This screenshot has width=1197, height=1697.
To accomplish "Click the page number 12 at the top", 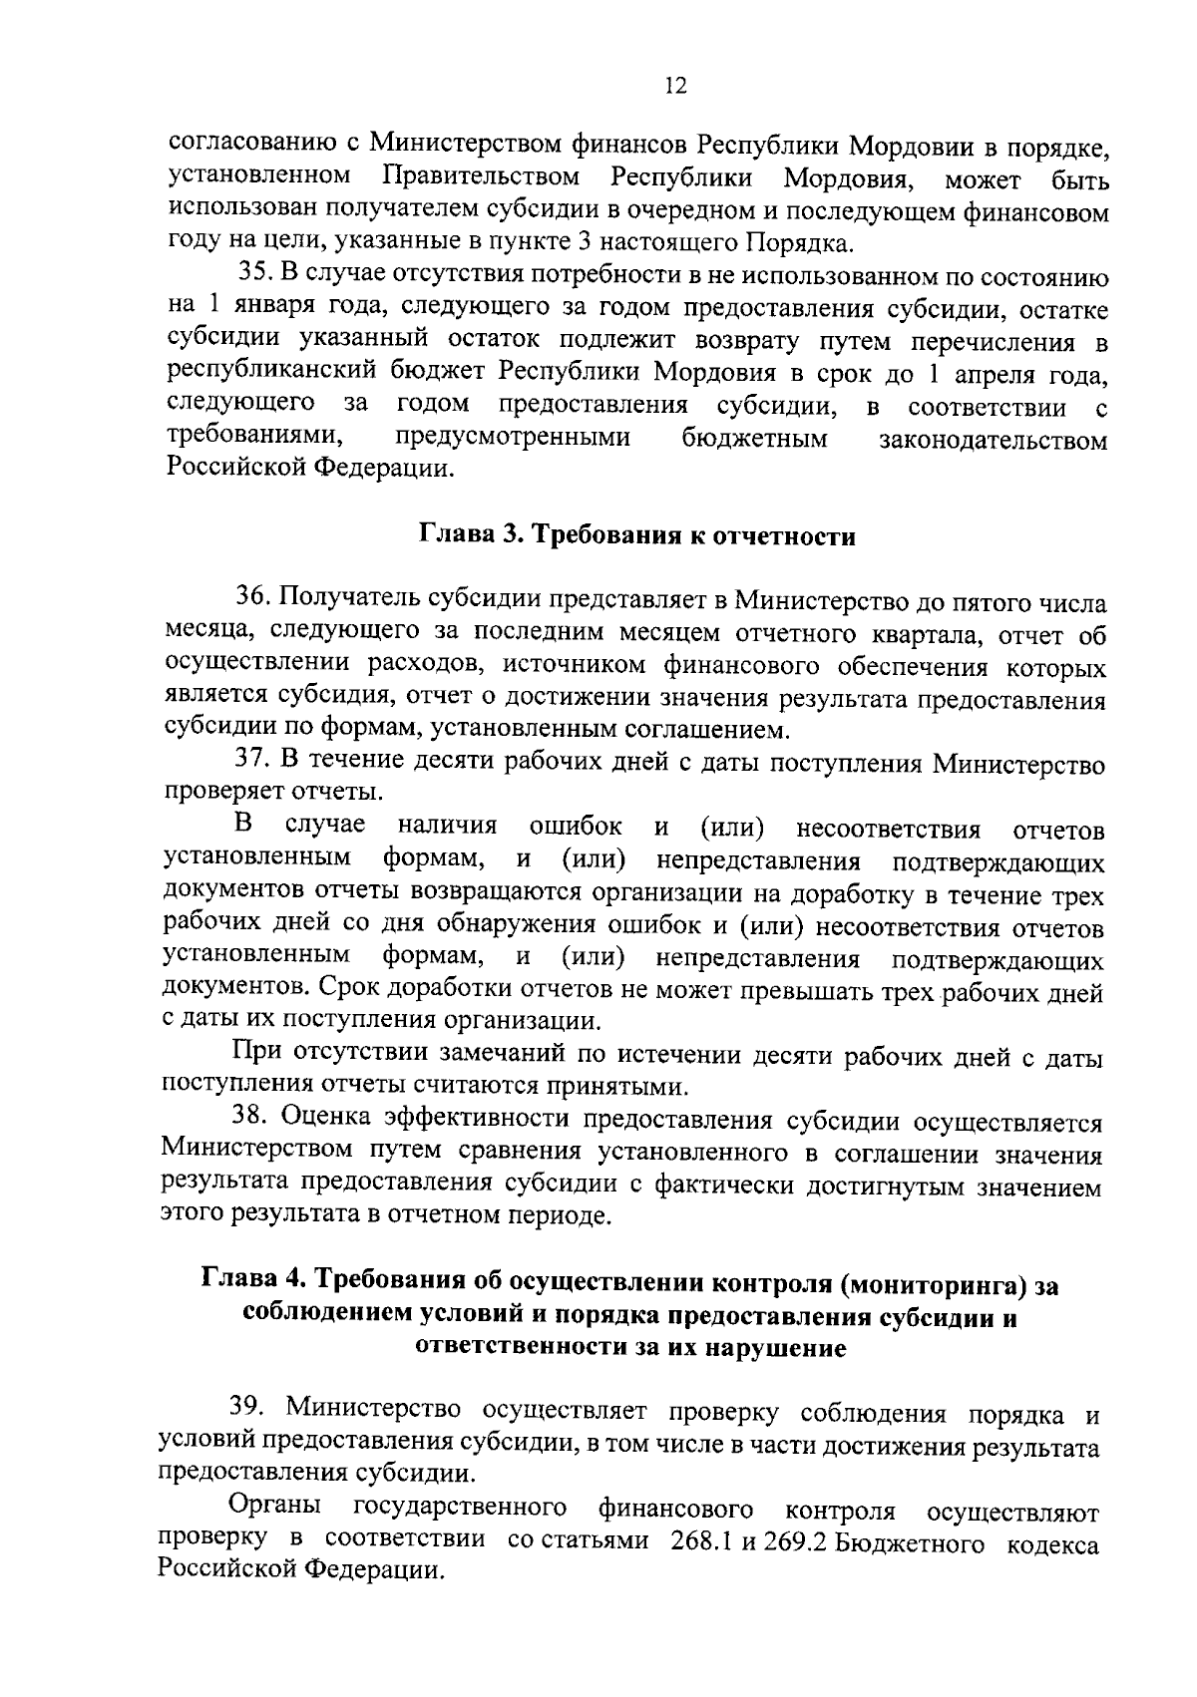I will (675, 87).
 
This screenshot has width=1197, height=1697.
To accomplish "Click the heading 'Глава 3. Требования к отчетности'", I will (635, 535).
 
